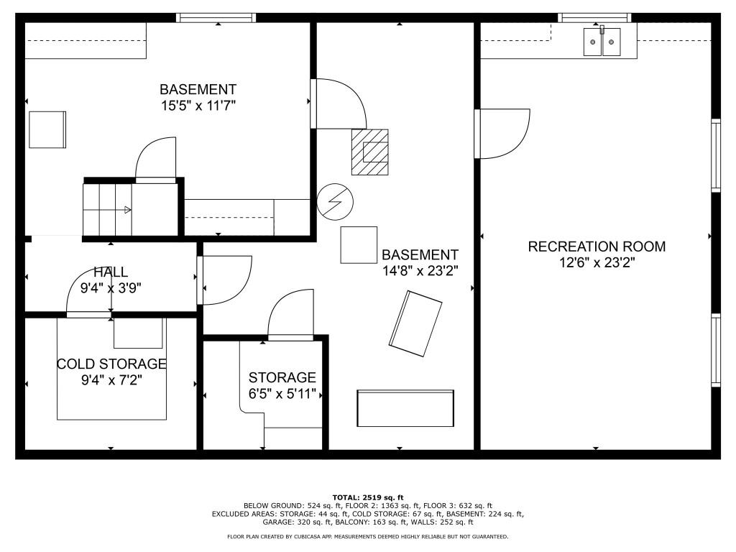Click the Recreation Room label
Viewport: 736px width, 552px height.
597,247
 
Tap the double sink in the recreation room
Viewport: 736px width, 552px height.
602,42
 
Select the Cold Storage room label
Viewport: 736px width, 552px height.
111,364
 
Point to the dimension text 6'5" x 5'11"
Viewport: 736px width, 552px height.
282,393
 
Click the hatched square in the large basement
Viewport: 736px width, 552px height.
370,152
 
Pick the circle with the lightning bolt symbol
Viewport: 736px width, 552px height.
335,201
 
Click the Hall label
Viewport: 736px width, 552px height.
111,272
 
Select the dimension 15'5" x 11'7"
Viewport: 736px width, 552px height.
198,105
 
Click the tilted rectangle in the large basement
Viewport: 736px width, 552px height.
415,323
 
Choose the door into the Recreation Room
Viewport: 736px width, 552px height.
502,134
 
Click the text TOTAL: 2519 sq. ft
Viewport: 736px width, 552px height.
368,497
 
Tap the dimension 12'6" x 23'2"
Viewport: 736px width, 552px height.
597,262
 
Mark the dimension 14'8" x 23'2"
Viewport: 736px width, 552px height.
420,271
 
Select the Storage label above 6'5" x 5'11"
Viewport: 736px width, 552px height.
282,377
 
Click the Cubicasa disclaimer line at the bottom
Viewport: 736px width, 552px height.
367,536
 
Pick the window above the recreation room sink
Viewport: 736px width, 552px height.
594,18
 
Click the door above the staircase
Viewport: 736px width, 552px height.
156,160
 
